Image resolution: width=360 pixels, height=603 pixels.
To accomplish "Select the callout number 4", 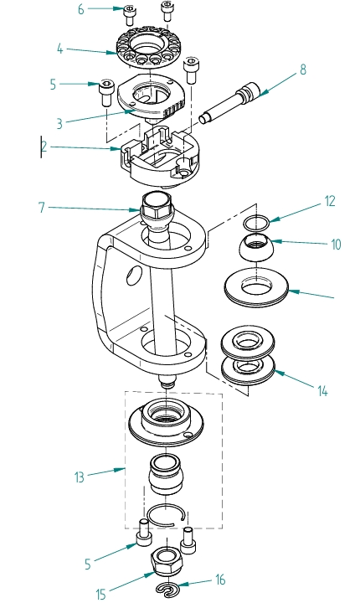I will point(61,49).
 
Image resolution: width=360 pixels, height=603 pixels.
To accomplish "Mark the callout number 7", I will point(42,206).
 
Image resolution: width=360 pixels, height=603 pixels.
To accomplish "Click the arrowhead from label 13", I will point(125,468).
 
